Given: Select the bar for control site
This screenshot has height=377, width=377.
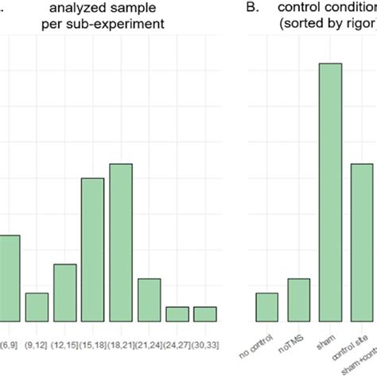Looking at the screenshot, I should [x=362, y=243].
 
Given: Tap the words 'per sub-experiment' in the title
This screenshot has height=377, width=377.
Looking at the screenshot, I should [x=122, y=25].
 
